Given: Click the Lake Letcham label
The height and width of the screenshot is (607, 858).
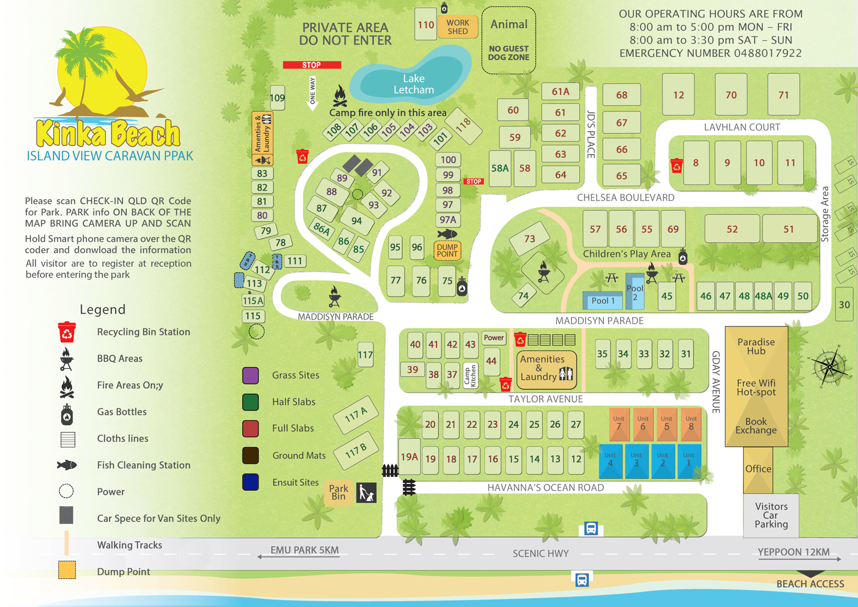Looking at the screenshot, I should point(414,84).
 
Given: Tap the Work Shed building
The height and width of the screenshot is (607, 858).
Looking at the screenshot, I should point(458,27).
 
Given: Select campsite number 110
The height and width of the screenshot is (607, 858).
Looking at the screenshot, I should point(426,25).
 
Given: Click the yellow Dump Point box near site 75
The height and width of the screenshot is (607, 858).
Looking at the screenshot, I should point(447,251).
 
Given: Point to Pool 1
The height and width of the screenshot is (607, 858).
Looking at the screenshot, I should point(603,301).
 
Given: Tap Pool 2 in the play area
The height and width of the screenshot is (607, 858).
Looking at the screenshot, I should point(635,292).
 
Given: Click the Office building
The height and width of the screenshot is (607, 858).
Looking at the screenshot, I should point(758,469).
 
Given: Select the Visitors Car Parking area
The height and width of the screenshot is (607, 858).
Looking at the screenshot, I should point(771,515).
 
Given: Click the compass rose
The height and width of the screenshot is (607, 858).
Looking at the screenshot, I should point(829,366).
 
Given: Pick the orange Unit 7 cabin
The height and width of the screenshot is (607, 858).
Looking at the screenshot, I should point(619,424).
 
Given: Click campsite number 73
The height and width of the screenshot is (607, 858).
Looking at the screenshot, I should point(530,238).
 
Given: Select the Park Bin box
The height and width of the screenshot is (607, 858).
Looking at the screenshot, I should point(339,492).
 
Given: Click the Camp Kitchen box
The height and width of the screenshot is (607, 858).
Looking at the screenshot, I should point(470,376).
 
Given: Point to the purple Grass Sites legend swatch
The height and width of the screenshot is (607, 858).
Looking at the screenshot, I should point(251,376).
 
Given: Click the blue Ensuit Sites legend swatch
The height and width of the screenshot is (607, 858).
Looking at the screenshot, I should point(251,482).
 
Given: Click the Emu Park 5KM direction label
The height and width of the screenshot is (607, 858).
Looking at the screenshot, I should point(304,550).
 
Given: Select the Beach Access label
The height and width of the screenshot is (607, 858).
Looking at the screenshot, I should point(810,584).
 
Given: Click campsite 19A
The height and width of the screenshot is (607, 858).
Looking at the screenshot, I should point(409,457).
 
